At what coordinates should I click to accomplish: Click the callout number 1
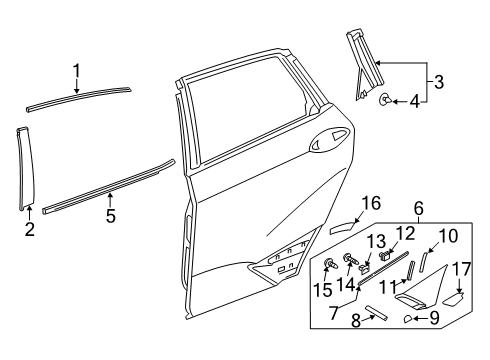pos(76,70)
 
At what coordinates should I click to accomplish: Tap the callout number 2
pos(30,229)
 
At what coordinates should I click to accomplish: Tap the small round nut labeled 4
pos(384,100)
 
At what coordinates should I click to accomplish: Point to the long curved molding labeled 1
pos(80,97)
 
